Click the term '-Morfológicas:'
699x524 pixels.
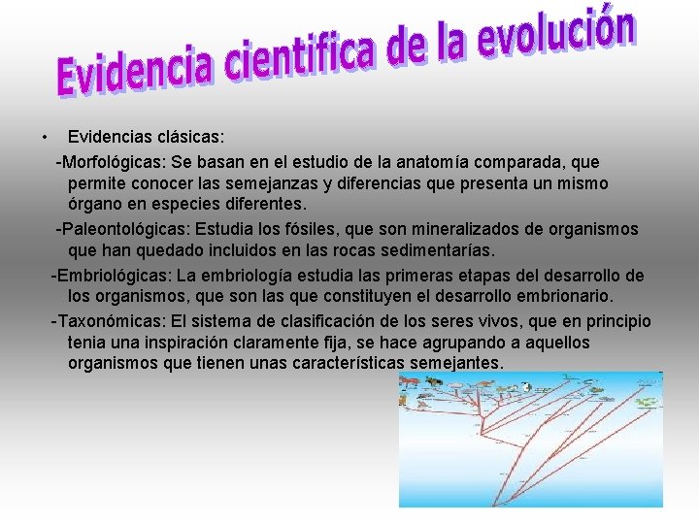point(111,160)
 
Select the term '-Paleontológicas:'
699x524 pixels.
point(122,229)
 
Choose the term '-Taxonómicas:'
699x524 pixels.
point(108,321)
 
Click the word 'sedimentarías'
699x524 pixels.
point(443,252)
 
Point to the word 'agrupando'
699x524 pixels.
point(463,344)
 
